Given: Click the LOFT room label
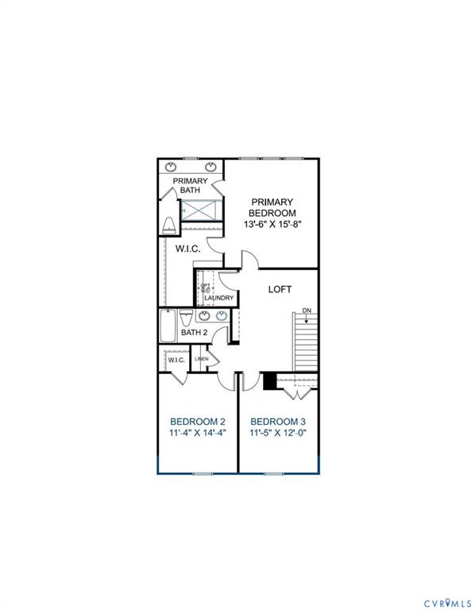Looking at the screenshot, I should (280, 289).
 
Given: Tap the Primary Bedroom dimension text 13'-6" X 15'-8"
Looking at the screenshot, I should (272, 225).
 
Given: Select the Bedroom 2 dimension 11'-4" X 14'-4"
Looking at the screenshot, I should (198, 433).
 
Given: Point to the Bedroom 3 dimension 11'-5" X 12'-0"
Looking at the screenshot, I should (278, 433).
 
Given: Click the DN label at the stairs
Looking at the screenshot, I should (307, 311).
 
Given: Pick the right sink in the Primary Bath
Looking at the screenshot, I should (211, 167).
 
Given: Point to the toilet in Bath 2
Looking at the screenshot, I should (186, 318).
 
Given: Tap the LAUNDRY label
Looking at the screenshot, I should (218, 299).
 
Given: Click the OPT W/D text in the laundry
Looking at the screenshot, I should (206, 288).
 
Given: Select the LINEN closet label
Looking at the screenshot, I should (202, 359).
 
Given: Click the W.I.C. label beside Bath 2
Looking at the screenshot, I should (176, 360).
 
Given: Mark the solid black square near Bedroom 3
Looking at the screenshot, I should (269, 381).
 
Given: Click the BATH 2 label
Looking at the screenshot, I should (193, 332).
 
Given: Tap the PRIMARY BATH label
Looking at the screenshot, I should (191, 185).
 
